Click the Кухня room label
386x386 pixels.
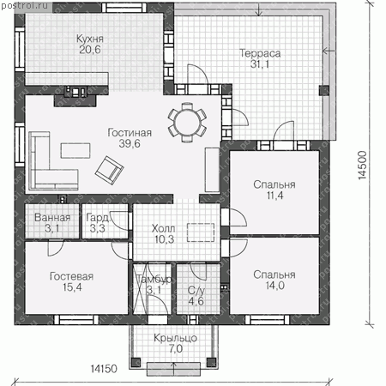pos(90,39)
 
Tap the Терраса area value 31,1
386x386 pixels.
pos(260,64)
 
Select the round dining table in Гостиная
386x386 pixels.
pos(187,122)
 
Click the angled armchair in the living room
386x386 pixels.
pos(109,171)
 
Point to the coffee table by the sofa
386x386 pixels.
pos(75,150)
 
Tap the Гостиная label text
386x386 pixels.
pos(130,133)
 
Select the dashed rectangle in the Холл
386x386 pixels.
pos(201,232)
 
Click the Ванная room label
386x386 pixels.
pos(52,218)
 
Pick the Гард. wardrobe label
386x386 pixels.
pos(98,218)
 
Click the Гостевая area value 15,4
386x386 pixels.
pos(72,287)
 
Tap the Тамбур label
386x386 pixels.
pos(154,279)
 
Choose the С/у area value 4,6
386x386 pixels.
pos(196,301)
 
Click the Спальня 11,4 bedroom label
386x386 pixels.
pos(274,184)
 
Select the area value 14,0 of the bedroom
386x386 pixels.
pos(274,286)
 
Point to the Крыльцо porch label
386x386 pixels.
pos(175,338)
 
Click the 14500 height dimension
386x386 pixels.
pos(362,166)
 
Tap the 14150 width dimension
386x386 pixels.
pos(104,369)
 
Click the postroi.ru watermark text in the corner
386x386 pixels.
pos(24,5)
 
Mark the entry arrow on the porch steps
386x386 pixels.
pos(173,368)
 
